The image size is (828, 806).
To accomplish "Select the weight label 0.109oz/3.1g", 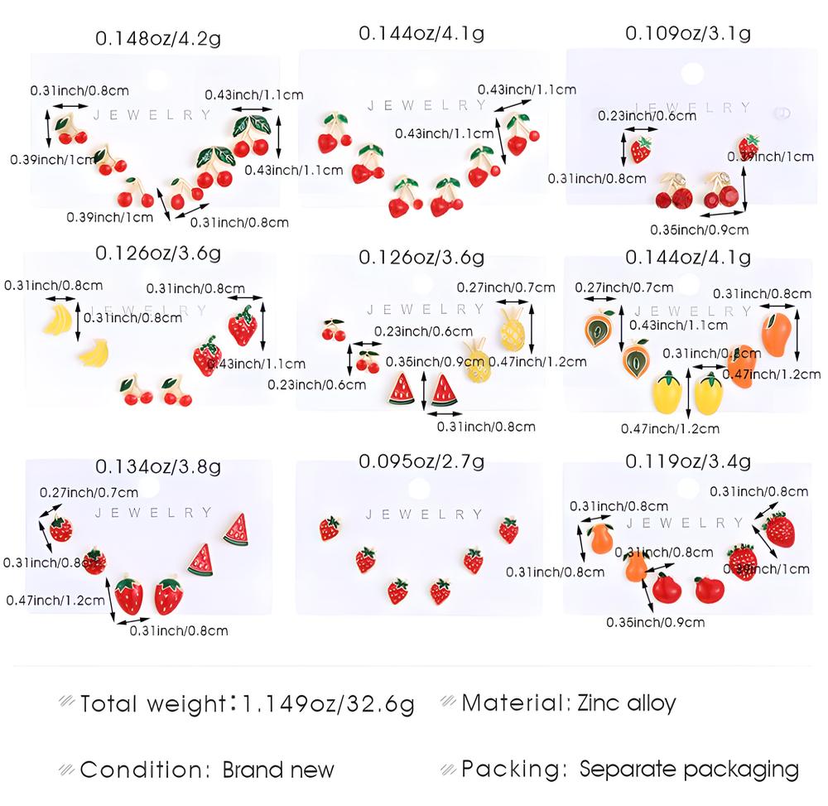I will pos(687,33).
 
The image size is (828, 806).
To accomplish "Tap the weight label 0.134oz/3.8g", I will pos(158,467).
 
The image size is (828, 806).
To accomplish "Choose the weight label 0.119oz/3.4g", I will pos(687,461).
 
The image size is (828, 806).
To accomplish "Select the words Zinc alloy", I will pos(628,703).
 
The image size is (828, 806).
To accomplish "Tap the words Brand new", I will pos(278,769).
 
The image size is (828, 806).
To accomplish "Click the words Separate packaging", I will pos(689,769).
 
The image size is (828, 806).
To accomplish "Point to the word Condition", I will pos(143,769).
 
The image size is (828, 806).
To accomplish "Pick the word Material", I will pos(512,703).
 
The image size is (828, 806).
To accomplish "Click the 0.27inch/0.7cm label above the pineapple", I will pos(506,287).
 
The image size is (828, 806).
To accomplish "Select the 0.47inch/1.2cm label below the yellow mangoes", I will pos(670,428).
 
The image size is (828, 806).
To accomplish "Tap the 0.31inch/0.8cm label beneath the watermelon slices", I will pos(486,427).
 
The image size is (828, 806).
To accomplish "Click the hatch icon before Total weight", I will pos(66,704).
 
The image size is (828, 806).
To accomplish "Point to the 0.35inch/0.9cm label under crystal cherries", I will pos(700,229).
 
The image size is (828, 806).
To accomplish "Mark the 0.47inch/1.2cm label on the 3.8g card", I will pos(55,600).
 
